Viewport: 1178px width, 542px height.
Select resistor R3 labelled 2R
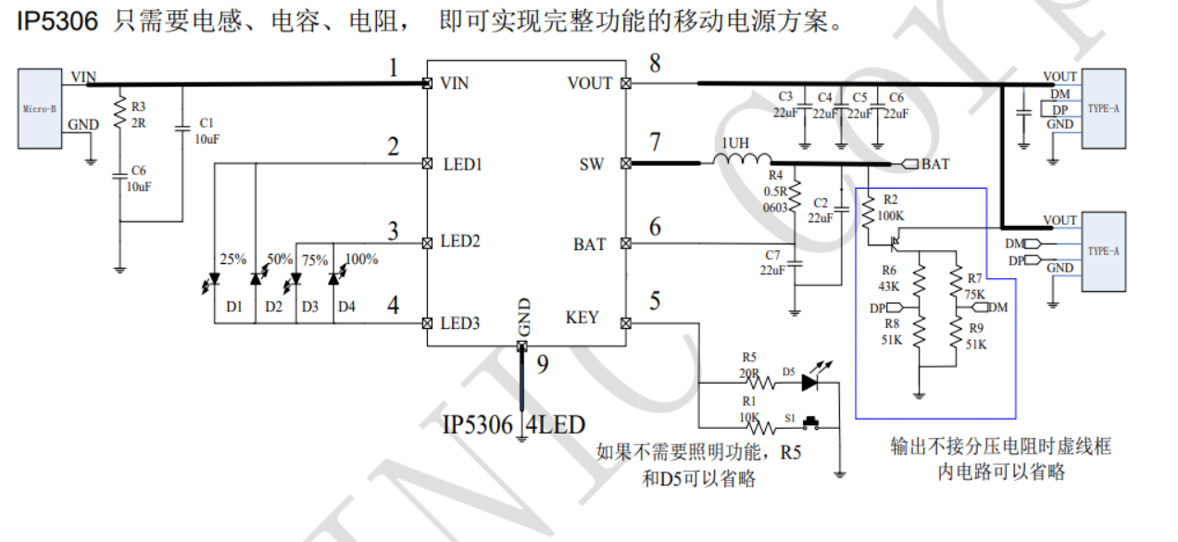click(x=119, y=114)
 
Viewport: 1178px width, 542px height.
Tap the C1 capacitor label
click(x=206, y=122)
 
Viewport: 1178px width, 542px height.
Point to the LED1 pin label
click(x=460, y=164)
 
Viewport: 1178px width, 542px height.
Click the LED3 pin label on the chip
click(x=460, y=323)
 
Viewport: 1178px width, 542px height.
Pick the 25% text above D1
click(x=232, y=259)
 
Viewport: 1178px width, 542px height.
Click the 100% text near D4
click(x=361, y=259)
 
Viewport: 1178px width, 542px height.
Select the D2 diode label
click(x=273, y=306)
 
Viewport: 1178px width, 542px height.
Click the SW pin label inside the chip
click(x=591, y=164)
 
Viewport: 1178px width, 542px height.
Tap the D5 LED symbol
click(x=811, y=381)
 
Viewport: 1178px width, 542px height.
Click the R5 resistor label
click(x=749, y=357)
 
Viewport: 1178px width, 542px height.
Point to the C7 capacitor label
click(x=773, y=255)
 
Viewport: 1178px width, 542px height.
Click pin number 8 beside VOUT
click(x=655, y=64)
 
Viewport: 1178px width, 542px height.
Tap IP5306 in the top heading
click(x=57, y=21)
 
